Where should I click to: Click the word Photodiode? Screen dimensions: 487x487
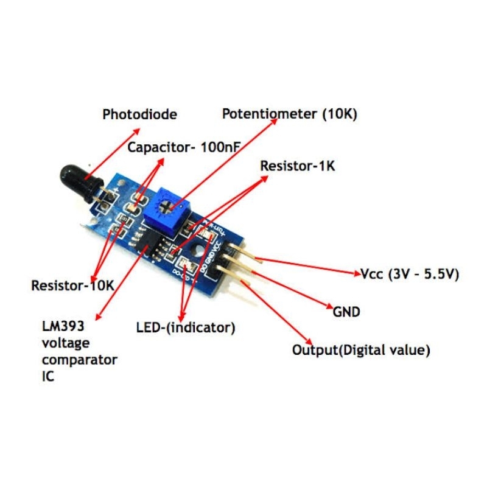(x=139, y=114)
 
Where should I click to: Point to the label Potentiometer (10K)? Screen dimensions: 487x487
(x=289, y=114)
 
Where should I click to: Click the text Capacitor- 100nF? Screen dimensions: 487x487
(x=184, y=147)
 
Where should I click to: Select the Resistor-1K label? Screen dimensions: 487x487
(x=298, y=166)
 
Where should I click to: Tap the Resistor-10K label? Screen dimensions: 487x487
(x=72, y=285)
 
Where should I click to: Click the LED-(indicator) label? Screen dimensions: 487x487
(x=186, y=328)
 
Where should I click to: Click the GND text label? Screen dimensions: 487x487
(x=346, y=312)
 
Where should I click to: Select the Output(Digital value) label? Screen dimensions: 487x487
(x=362, y=350)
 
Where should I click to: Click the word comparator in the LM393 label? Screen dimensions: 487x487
(x=80, y=359)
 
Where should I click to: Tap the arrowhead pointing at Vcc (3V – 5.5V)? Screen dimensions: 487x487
(x=358, y=275)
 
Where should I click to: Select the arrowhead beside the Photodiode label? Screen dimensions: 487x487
(x=138, y=130)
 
